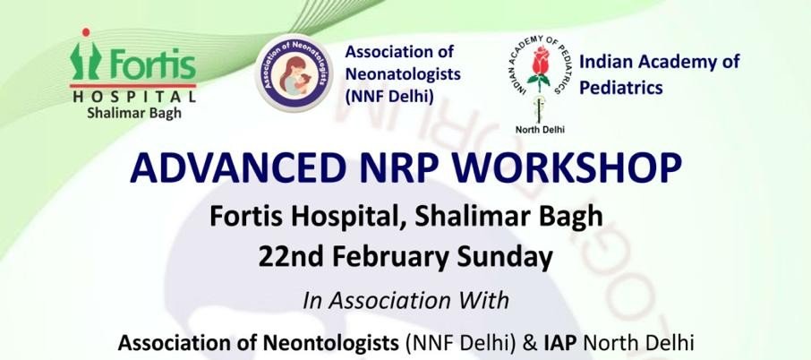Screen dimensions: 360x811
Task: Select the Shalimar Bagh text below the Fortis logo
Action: (133, 113)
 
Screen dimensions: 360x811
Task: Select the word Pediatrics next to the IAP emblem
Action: (620, 88)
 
